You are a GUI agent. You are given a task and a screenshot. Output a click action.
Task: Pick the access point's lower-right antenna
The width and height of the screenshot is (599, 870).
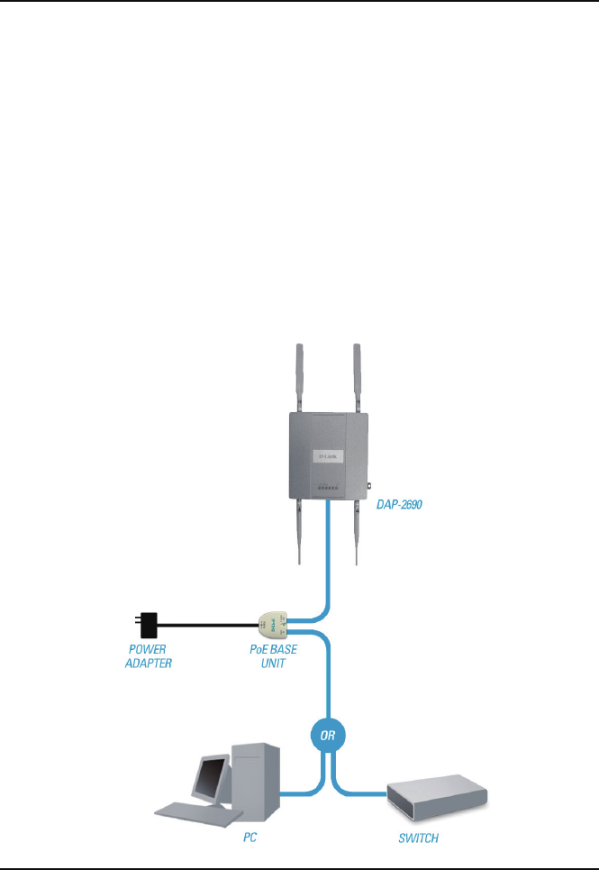coord(357,532)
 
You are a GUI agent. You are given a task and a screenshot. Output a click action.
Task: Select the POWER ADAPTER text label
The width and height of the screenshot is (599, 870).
coord(148,655)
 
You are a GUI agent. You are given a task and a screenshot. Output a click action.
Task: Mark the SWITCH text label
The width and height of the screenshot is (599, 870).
coord(419,839)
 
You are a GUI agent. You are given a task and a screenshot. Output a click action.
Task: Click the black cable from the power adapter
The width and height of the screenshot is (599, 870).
coord(207,623)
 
